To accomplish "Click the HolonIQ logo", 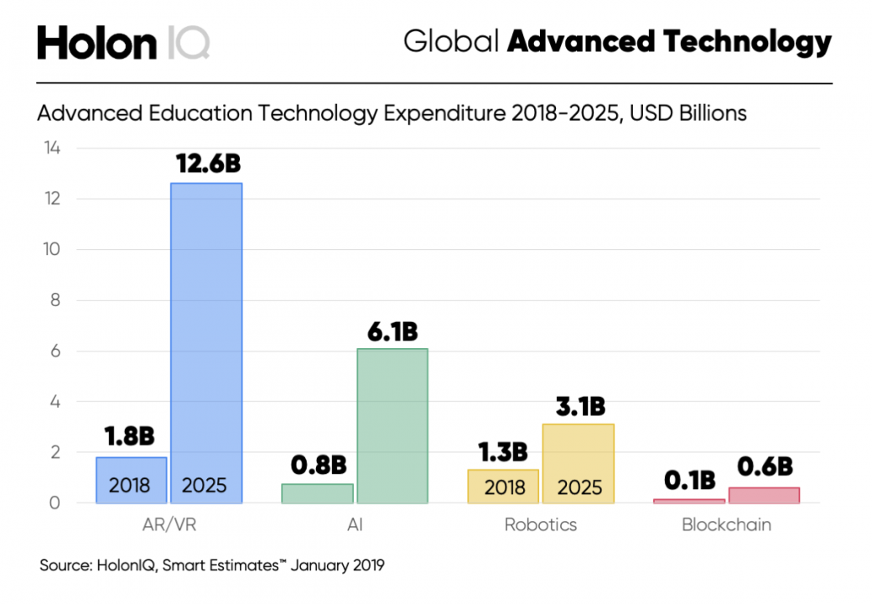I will (123, 41).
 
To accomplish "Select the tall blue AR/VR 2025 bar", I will (206, 336).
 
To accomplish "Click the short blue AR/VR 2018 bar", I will (131, 479).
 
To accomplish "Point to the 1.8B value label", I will (129, 437).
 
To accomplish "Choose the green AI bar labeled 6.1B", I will (392, 424).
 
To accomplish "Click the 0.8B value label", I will (318, 464).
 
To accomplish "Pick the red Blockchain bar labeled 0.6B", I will (764, 495).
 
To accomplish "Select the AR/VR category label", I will (169, 526).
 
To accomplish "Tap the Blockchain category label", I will (726, 526).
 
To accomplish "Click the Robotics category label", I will (540, 526).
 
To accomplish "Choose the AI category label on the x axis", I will (355, 526).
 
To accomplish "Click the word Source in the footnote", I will (65, 565).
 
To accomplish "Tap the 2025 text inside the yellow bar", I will (578, 487).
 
